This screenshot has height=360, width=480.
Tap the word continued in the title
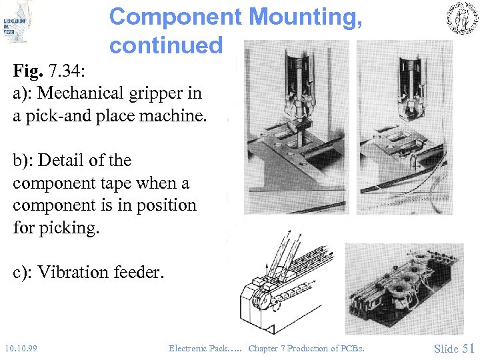pyautogui.click(x=165, y=45)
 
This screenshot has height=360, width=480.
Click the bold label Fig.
pyautogui.click(x=28, y=71)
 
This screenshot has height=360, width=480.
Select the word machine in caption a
pyautogui.click(x=175, y=115)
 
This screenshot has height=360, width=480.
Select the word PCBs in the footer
pyautogui.click(x=351, y=348)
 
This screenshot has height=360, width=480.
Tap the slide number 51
pyautogui.click(x=469, y=348)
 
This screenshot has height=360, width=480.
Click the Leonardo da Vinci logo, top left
pyautogui.click(x=16, y=23)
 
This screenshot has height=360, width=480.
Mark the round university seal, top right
pyautogui.click(x=461, y=19)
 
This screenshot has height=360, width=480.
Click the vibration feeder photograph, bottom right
pyautogui.click(x=404, y=287)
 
